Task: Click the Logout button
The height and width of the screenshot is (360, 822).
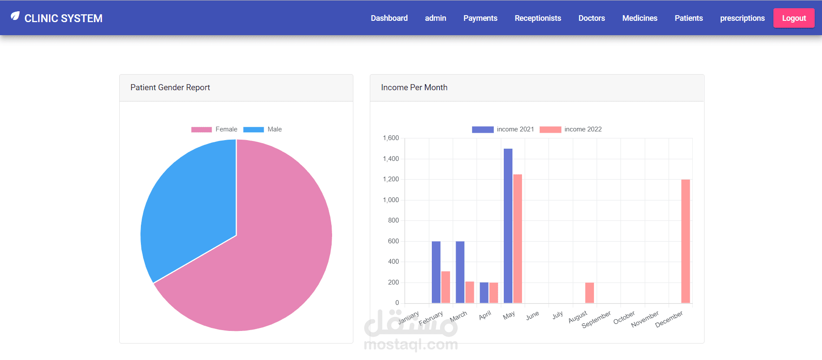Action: pyautogui.click(x=793, y=18)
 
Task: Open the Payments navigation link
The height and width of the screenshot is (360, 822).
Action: pyautogui.click(x=480, y=18)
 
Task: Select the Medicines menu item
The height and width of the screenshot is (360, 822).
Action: pyautogui.click(x=639, y=18)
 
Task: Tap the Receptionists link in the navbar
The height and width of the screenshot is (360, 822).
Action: pyautogui.click(x=538, y=18)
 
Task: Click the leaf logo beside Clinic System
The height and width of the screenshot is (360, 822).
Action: pyautogui.click(x=15, y=16)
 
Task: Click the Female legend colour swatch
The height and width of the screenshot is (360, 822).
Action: pyautogui.click(x=202, y=129)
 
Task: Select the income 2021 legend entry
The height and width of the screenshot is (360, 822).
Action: pyautogui.click(x=503, y=129)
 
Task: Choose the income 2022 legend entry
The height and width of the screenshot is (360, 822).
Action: pyautogui.click(x=571, y=129)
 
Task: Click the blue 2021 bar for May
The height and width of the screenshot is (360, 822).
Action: pyautogui.click(x=508, y=226)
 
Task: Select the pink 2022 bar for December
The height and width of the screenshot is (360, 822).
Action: pyautogui.click(x=685, y=241)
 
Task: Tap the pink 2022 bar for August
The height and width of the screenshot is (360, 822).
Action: pyautogui.click(x=589, y=293)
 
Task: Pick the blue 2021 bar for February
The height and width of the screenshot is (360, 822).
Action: pyautogui.click(x=436, y=272)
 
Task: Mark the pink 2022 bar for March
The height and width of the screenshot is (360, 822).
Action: pyautogui.click(x=470, y=292)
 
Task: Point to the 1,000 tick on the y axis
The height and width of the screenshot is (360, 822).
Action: pyautogui.click(x=391, y=200)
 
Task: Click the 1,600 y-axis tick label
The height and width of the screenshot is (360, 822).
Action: pyautogui.click(x=391, y=138)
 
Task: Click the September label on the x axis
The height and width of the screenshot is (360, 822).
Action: pyautogui.click(x=596, y=319)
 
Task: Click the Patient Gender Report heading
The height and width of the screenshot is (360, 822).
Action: pyautogui.click(x=170, y=88)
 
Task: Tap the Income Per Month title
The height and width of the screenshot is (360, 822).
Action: pyautogui.click(x=414, y=88)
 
